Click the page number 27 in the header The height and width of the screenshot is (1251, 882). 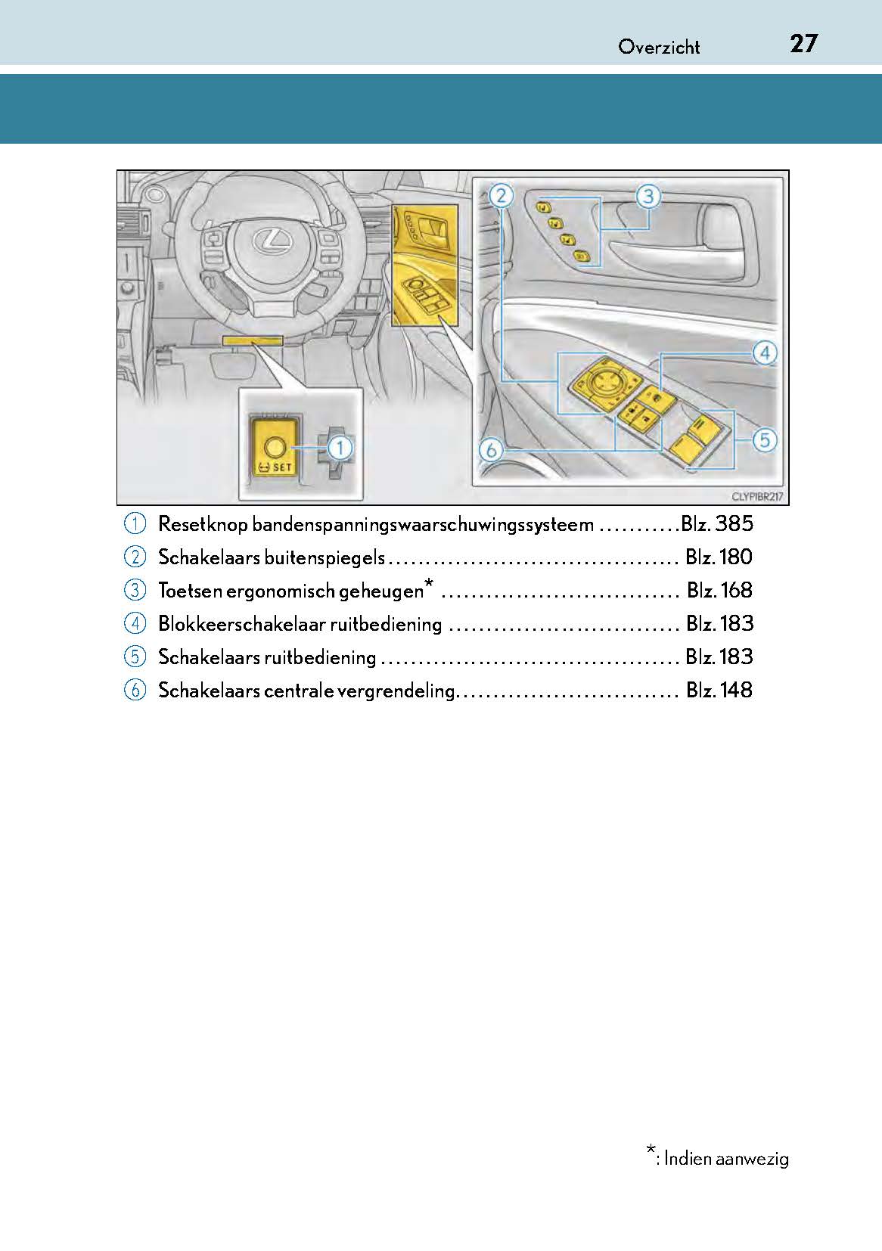point(803,44)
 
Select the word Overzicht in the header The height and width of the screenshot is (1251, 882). point(659,47)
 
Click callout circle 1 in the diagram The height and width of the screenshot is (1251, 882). point(340,448)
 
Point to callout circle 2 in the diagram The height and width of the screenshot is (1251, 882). point(501,197)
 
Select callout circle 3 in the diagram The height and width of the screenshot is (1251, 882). point(648,197)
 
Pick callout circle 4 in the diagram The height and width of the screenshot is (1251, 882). point(765,352)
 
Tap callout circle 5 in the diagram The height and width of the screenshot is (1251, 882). point(765,439)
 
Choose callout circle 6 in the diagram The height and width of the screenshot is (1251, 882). point(491,451)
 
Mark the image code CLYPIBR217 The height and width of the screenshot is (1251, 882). point(756,497)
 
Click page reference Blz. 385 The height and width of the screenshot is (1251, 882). point(716,523)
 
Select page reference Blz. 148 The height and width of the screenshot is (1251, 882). point(719,690)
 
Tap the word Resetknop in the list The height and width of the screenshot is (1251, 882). point(202,523)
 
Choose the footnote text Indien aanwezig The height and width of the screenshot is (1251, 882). point(725,1158)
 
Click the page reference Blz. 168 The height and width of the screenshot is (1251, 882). point(719,590)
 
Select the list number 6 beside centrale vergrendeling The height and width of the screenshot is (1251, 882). point(135,690)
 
